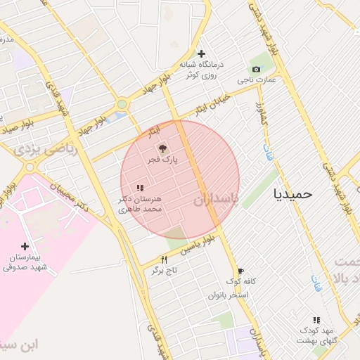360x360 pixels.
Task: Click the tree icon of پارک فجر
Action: [x=162, y=148]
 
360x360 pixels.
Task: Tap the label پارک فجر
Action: [x=162, y=160]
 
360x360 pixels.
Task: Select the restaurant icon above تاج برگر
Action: [x=164, y=259]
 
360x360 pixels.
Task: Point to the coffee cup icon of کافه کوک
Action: [x=240, y=271]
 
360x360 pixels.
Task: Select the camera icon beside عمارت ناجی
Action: [x=256, y=69]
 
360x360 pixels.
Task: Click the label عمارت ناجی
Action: [x=257, y=80]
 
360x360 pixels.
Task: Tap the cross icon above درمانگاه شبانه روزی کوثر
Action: [x=201, y=53]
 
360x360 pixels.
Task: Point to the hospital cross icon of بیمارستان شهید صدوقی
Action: [x=25, y=246]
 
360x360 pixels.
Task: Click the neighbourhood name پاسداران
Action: [x=217, y=200]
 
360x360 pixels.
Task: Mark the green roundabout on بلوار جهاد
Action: [x=122, y=104]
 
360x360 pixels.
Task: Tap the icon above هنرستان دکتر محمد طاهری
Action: [x=140, y=188]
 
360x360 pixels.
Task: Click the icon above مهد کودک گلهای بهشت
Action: [x=316, y=320]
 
